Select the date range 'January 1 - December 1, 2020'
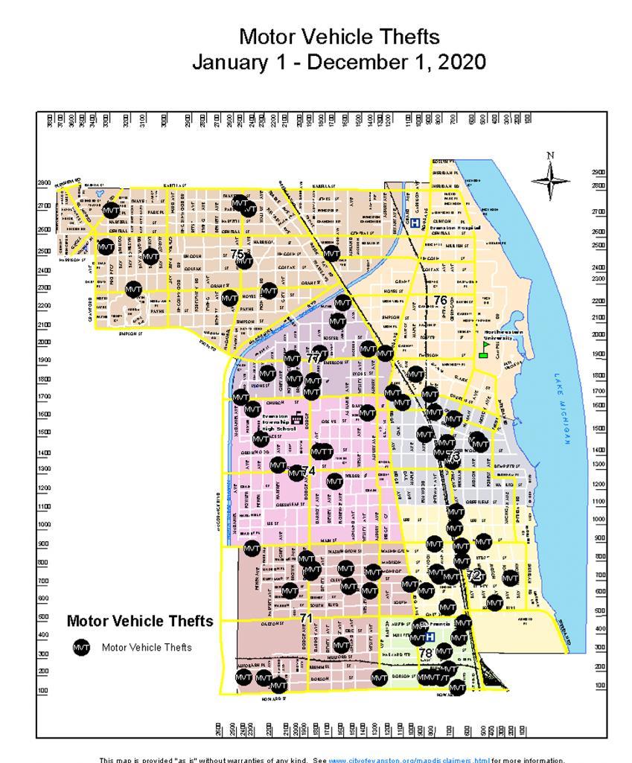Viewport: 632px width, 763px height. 339,62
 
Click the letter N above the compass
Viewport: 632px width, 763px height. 551,156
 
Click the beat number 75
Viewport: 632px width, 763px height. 237,254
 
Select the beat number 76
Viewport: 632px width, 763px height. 441,301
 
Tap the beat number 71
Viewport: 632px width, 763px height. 306,618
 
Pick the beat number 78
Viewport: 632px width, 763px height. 426,653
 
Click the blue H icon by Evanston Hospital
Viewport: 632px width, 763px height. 415,222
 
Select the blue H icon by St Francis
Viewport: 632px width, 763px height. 430,637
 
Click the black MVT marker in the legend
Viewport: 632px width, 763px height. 82,648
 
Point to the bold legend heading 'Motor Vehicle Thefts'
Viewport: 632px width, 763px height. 140,621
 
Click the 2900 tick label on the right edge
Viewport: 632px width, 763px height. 598,172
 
